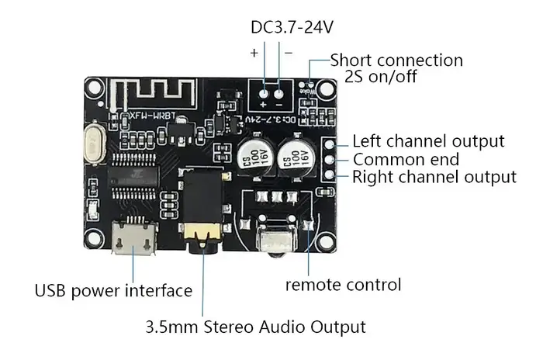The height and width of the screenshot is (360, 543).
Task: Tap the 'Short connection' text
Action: click(x=396, y=61)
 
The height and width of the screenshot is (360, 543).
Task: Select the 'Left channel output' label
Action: click(x=428, y=141)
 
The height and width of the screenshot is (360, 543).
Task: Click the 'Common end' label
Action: click(x=405, y=160)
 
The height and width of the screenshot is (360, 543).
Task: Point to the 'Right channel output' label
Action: click(x=434, y=177)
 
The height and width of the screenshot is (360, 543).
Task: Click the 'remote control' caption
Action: click(x=343, y=284)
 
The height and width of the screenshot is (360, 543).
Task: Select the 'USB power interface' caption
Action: click(x=113, y=291)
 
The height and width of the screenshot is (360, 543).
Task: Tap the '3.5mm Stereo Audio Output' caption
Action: click(x=255, y=326)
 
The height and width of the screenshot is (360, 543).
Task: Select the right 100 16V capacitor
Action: click(x=298, y=155)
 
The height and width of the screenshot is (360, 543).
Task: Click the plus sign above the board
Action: click(x=254, y=53)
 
